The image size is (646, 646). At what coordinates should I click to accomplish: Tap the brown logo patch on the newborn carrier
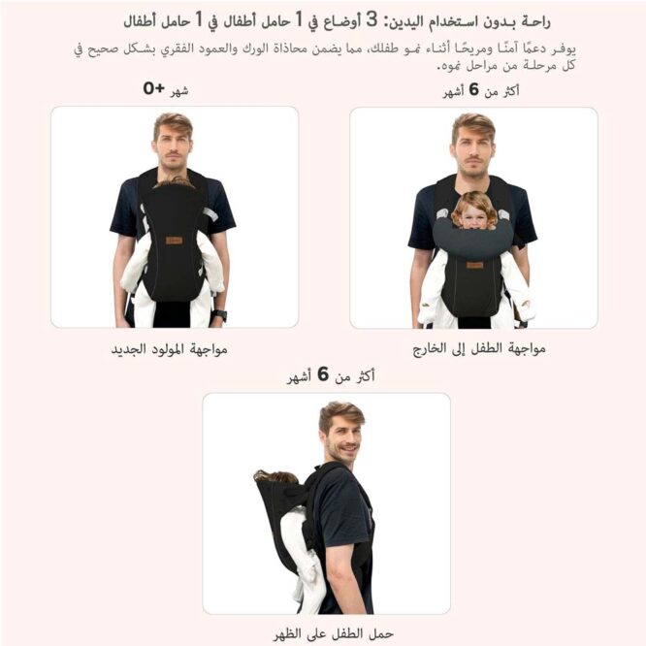175,240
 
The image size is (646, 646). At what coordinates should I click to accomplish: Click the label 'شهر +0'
166,90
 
